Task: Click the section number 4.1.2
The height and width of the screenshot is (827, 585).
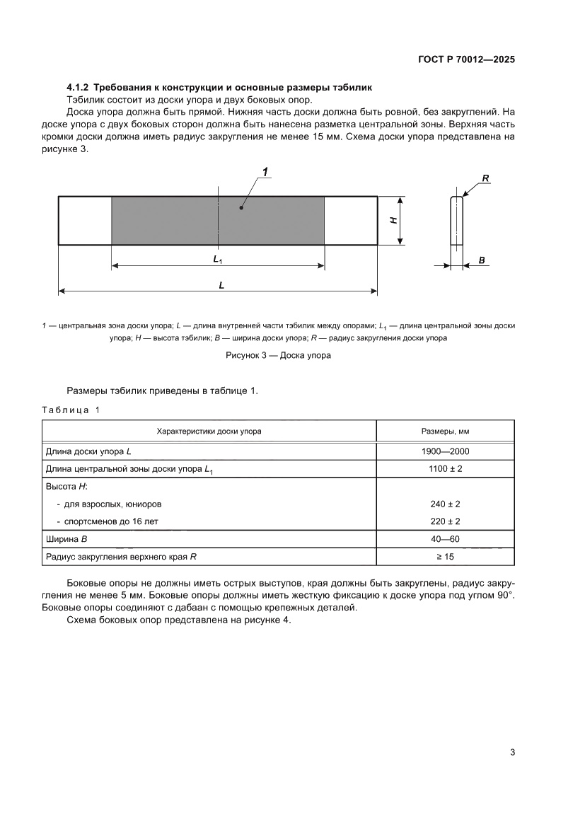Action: click(x=79, y=88)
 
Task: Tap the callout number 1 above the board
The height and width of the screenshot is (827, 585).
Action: click(x=265, y=172)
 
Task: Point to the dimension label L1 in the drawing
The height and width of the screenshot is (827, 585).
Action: click(x=218, y=260)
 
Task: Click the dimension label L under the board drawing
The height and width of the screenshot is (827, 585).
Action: click(x=221, y=284)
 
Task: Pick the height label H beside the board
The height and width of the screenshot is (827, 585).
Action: click(x=393, y=221)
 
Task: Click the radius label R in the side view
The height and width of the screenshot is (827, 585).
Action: click(x=486, y=178)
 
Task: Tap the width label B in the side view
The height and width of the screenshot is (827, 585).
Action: click(x=482, y=260)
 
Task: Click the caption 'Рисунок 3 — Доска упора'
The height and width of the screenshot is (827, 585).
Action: click(x=278, y=356)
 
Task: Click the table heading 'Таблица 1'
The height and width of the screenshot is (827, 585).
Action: click(x=71, y=410)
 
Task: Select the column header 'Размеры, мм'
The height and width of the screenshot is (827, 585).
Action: click(x=445, y=431)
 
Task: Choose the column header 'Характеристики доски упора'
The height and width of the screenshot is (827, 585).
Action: click(x=209, y=431)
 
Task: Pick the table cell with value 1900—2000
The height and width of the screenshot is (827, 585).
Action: click(x=445, y=451)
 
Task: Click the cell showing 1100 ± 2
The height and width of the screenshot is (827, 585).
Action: click(x=445, y=468)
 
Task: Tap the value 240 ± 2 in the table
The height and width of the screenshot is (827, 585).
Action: click(x=445, y=504)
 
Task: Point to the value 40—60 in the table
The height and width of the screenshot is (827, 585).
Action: click(x=445, y=539)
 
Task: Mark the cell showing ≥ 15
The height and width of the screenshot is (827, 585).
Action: click(x=445, y=557)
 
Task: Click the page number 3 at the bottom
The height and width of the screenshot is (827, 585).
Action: click(x=512, y=752)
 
